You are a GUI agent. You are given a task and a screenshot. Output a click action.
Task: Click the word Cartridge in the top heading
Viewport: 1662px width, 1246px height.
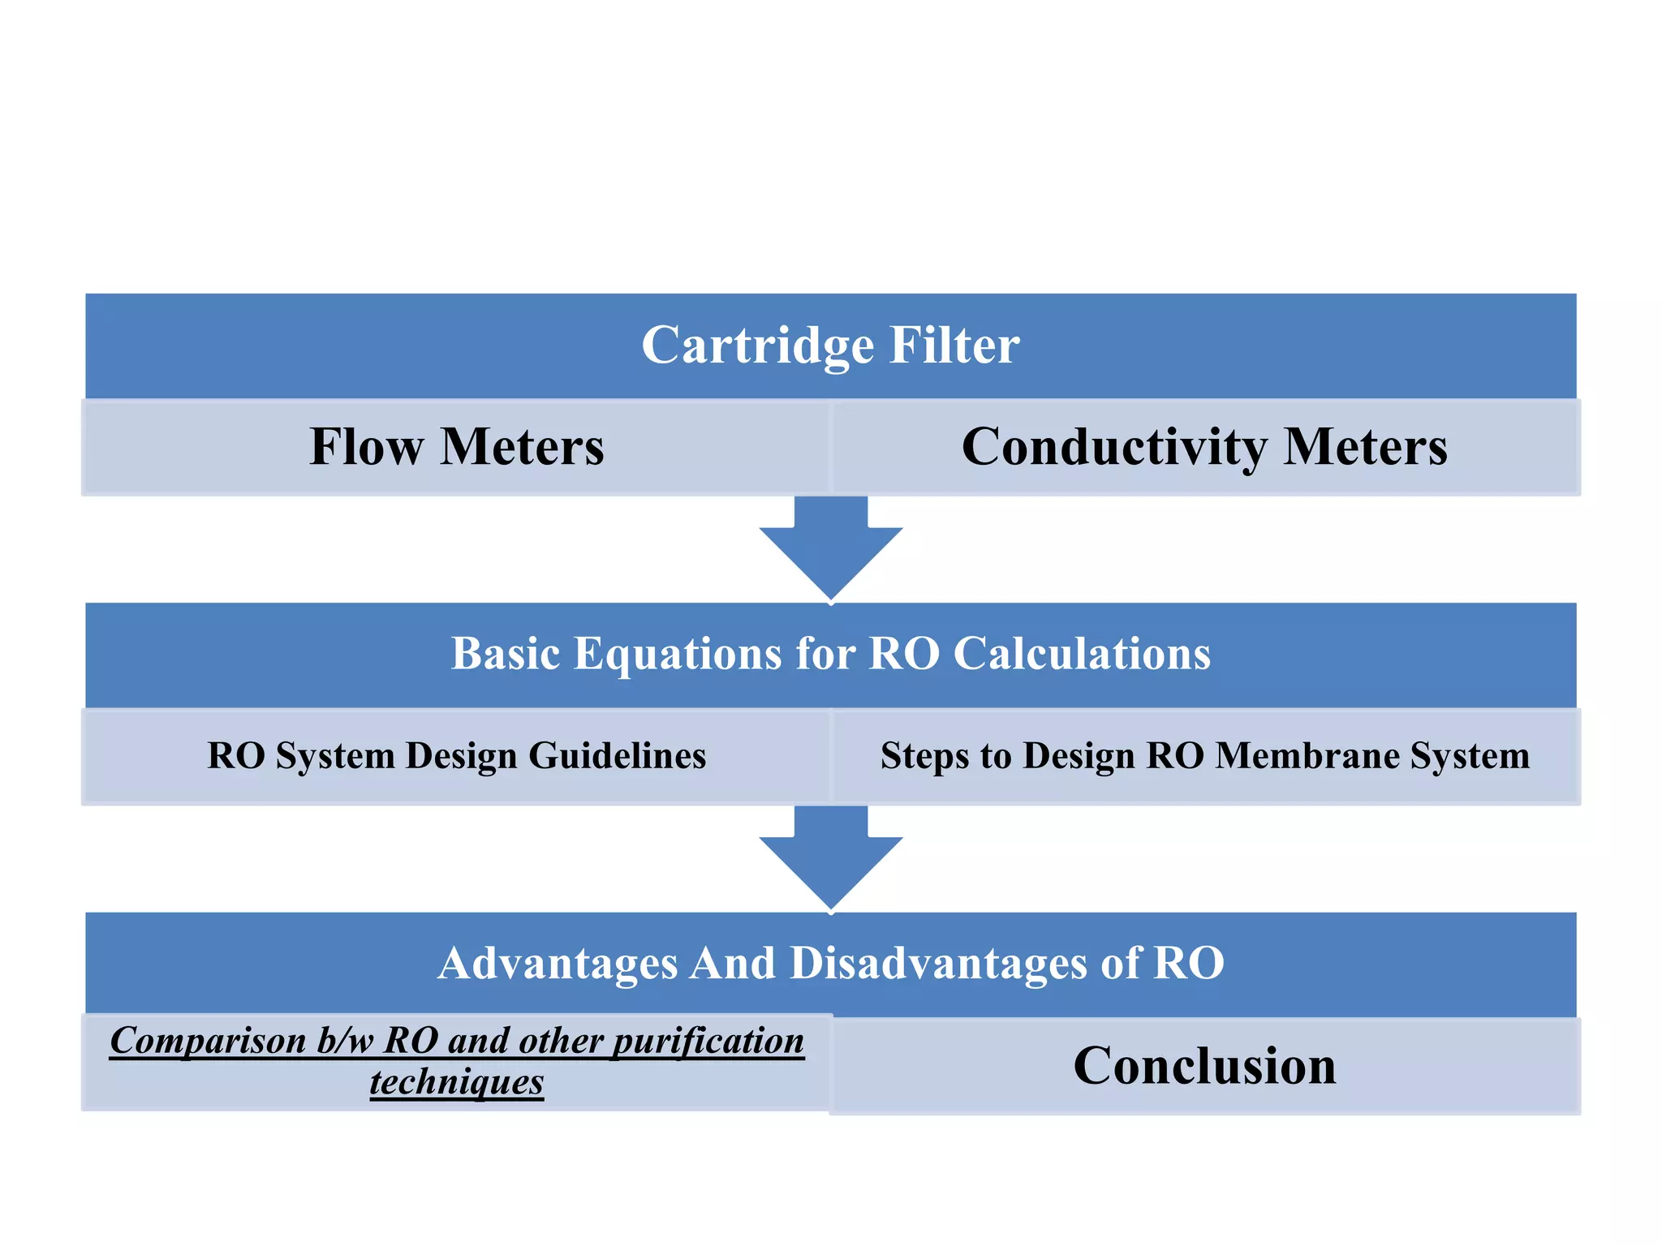756,346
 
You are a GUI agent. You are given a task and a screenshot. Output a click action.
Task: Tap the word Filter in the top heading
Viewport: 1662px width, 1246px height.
954,346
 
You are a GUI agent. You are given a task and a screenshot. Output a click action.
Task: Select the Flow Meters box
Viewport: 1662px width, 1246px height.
456,447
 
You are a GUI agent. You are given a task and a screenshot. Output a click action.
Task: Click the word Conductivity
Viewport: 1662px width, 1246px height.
1113,447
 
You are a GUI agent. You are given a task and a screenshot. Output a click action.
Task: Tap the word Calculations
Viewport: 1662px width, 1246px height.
1082,654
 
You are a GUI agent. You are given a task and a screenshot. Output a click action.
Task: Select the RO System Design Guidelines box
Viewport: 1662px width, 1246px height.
456,756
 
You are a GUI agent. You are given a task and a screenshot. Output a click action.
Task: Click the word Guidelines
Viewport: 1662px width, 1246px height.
617,756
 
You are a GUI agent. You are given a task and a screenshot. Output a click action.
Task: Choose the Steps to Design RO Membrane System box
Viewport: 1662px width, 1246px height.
1204,756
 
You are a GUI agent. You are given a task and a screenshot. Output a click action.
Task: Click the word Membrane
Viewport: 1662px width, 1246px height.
1307,756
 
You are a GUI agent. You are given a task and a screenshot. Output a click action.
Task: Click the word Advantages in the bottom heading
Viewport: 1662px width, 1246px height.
557,964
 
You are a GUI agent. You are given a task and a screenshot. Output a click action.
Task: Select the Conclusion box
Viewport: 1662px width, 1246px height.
1204,1066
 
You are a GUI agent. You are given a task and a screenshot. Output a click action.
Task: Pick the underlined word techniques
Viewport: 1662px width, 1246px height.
456,1082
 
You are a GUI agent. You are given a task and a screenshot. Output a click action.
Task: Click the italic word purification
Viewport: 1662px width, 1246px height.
708,1042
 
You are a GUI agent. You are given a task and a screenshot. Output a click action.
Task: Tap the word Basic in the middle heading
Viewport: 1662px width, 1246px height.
505,654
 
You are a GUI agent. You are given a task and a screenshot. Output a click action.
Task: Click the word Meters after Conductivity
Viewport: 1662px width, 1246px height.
1365,447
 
